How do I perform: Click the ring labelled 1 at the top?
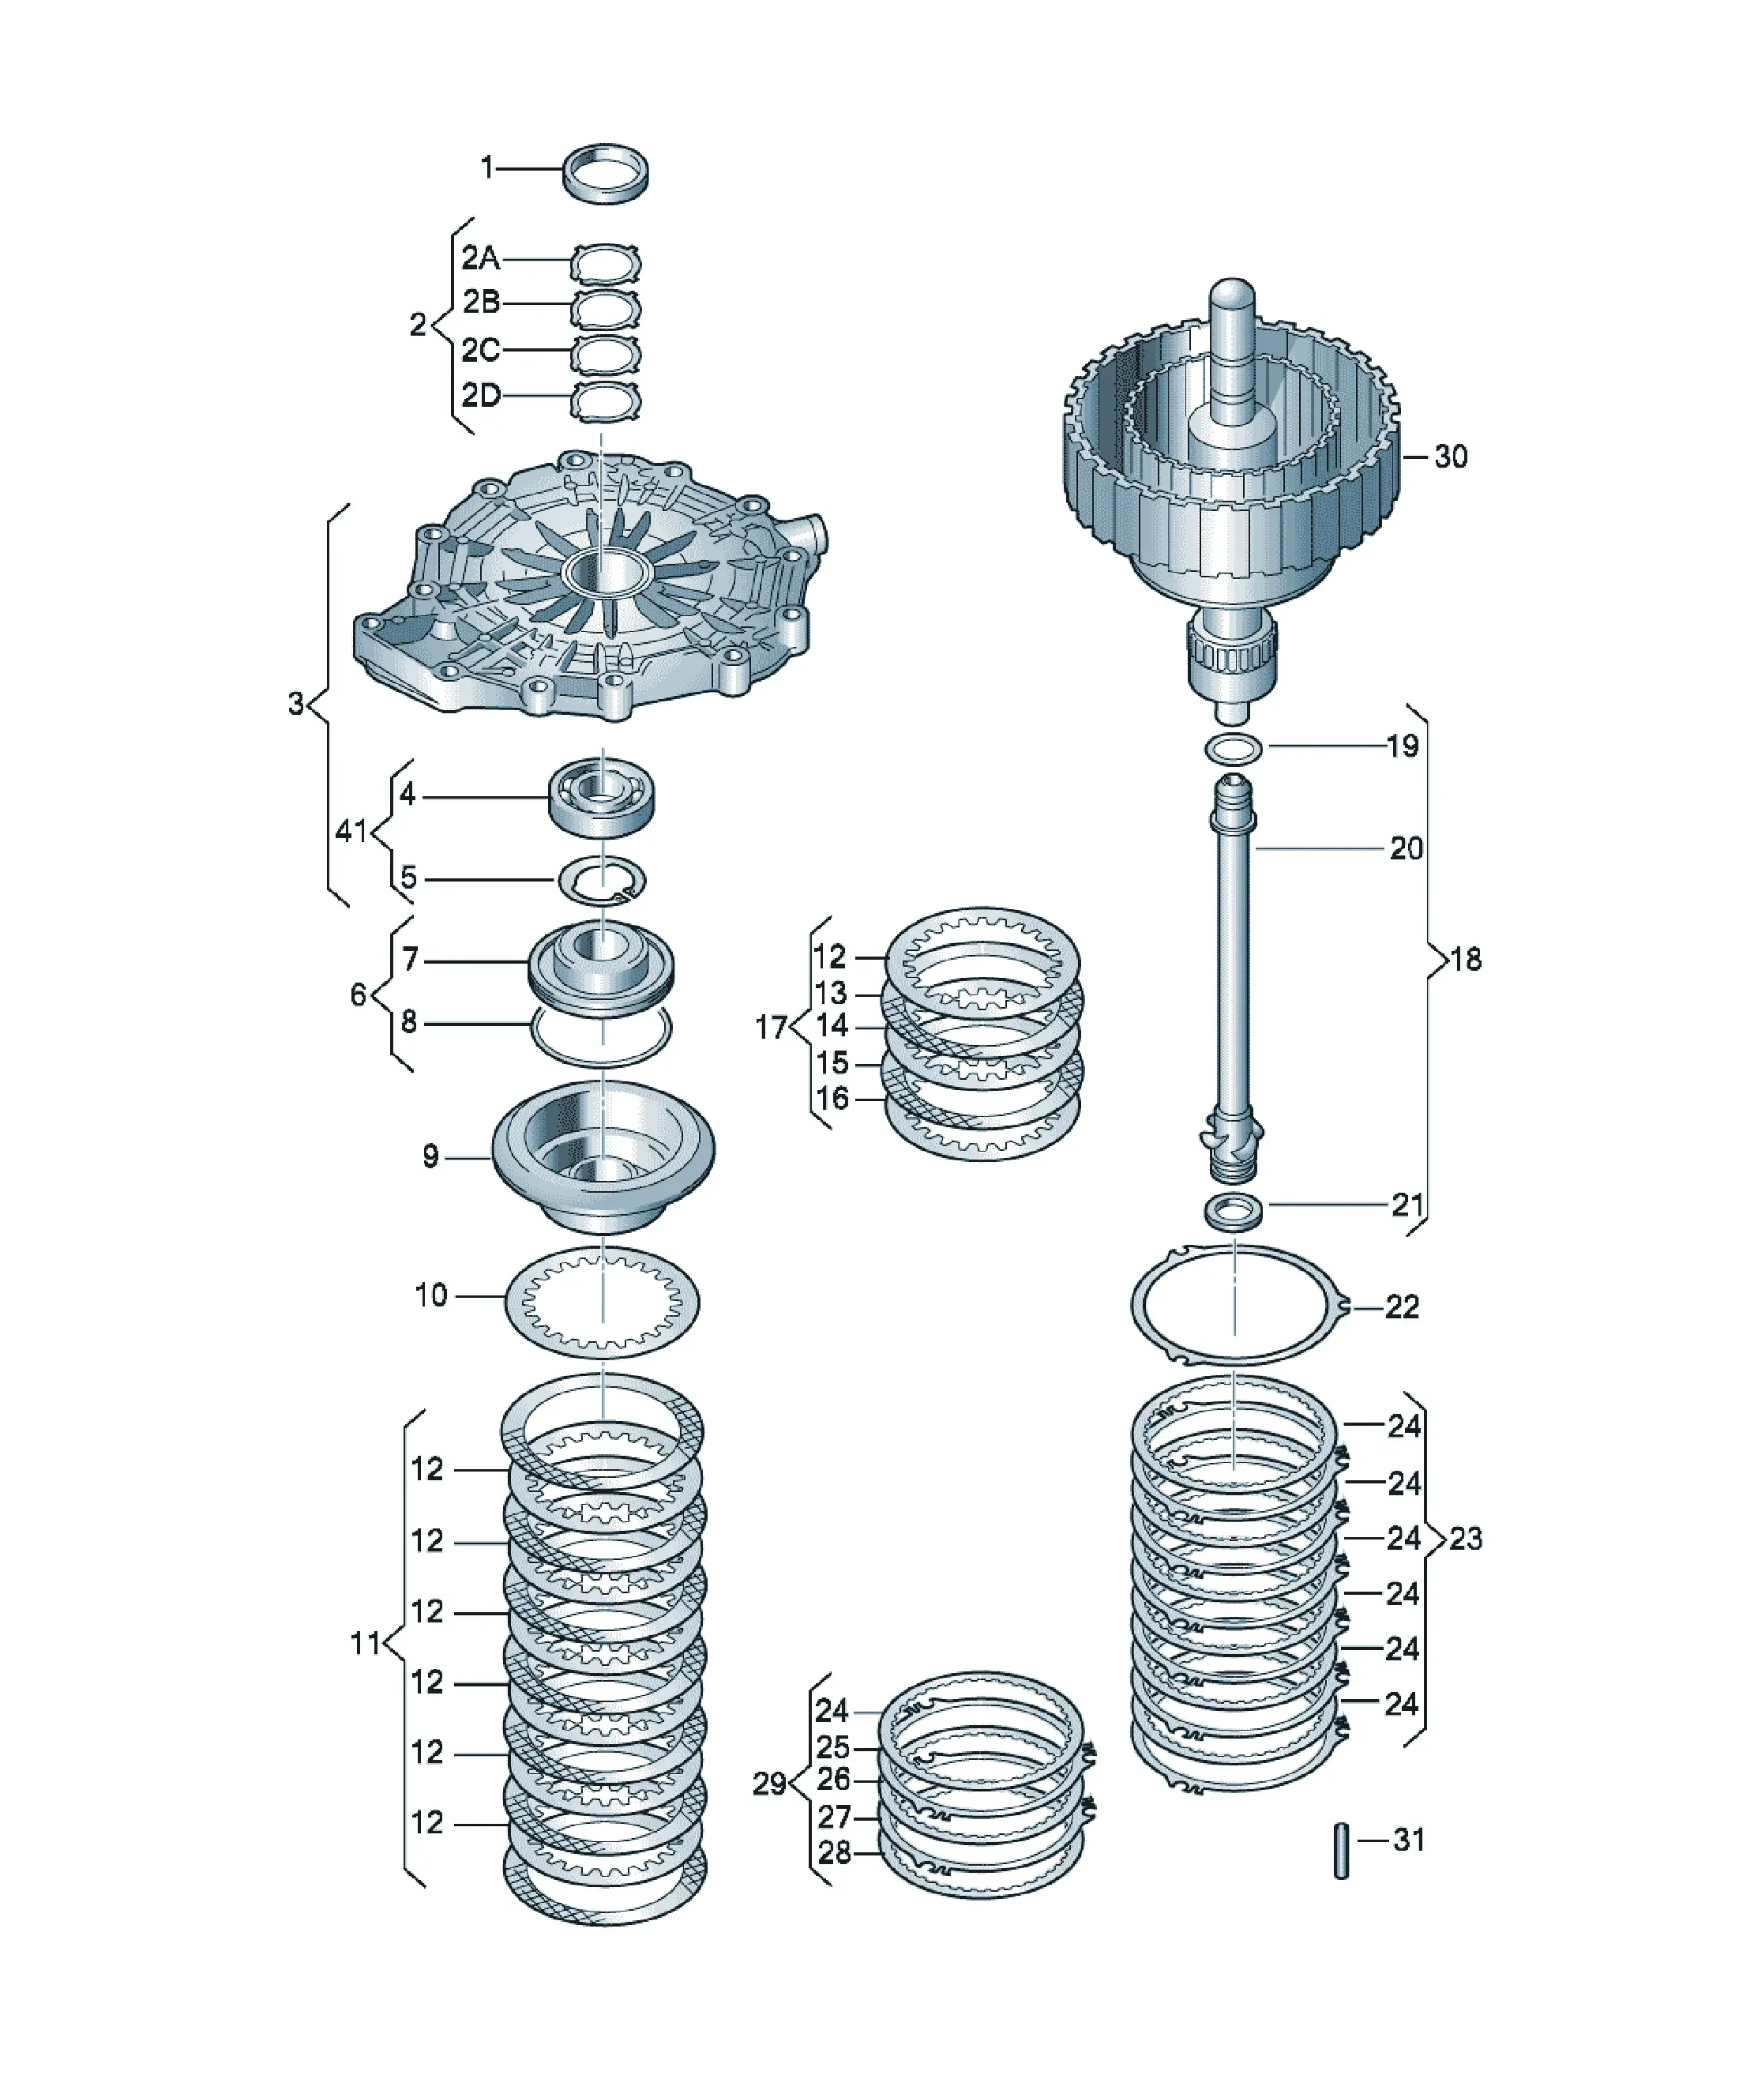[x=607, y=191]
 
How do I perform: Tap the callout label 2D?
[x=481, y=396]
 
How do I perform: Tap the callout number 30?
[x=1451, y=457]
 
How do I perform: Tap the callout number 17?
[x=771, y=1026]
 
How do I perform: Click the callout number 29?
[x=768, y=1784]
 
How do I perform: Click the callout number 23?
[x=1466, y=1539]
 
